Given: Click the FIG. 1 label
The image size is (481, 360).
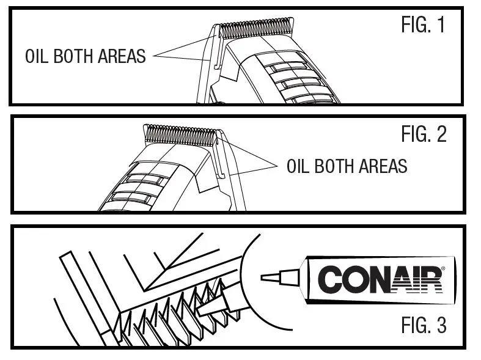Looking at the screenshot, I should point(423,25).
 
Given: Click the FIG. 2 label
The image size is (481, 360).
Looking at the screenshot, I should point(423,134).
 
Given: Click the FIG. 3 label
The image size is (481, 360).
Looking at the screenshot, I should point(423,325).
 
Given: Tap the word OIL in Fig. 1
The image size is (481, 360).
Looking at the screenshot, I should point(37,56).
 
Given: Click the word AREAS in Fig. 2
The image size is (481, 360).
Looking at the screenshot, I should point(383,166).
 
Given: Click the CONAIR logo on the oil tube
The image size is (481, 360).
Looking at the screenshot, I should point(380,280).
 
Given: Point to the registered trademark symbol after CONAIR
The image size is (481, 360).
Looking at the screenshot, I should point(442,268).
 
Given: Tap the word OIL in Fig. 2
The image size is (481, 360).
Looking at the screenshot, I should point(299,166).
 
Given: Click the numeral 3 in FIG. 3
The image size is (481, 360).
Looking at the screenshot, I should point(441,325).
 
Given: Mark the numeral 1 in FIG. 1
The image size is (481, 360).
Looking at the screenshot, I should point(441,25).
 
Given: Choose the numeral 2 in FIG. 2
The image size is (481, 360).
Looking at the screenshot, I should point(441,134).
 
